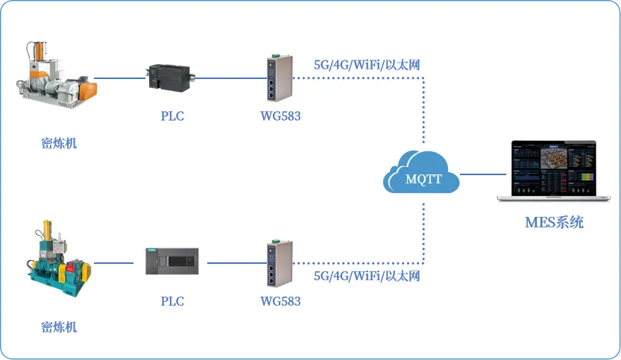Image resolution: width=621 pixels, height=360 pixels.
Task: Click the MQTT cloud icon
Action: click(421, 172)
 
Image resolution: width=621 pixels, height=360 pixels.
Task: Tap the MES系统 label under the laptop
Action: click(554, 222)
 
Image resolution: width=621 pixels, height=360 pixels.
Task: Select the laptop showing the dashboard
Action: click(554, 171)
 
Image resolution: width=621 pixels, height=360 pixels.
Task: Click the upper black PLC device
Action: click(170, 78)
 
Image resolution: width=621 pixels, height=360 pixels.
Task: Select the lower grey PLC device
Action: click(172, 262)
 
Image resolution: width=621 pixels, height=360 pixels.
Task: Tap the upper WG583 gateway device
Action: click(280, 78)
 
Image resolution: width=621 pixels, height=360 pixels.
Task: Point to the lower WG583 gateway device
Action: click(280, 263)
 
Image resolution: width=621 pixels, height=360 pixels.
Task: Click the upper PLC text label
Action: click(172, 116)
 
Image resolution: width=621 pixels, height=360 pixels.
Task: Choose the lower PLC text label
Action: click(172, 301)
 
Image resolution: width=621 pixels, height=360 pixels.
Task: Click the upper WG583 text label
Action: click(280, 116)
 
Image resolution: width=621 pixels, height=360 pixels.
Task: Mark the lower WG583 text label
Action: click(280, 301)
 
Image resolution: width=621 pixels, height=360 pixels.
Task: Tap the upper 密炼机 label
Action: click(59, 143)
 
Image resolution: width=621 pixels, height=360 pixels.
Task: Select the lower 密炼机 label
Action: click(59, 327)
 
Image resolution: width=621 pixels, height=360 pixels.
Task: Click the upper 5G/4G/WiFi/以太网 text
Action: click(367, 65)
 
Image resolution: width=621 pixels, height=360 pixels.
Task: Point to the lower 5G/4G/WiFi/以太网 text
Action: click(367, 276)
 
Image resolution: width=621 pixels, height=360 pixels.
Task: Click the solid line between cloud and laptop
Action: click(483, 174)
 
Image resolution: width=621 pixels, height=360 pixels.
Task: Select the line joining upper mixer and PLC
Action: click(119, 78)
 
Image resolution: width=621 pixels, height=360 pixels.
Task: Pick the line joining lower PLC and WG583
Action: click(237, 263)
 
